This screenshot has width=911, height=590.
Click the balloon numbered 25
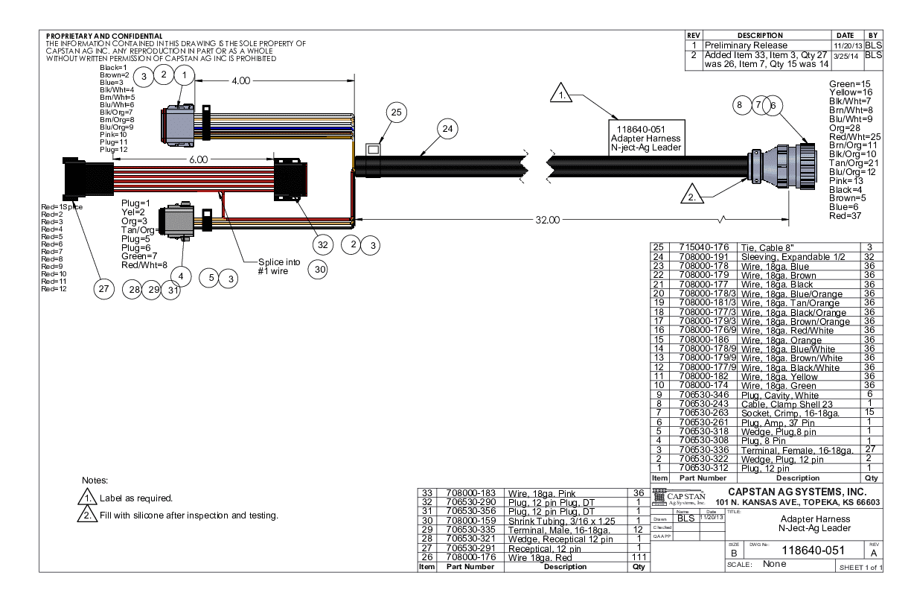[x=397, y=112]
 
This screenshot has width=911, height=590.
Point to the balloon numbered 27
[x=103, y=290]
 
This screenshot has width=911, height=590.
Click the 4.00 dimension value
[x=241, y=81]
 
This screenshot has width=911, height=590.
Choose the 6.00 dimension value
[x=199, y=159]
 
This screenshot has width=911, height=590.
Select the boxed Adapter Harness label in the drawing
[x=645, y=136]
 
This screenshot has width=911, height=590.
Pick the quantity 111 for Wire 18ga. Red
[x=636, y=558]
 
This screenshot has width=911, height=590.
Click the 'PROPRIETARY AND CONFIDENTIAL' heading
[x=104, y=36]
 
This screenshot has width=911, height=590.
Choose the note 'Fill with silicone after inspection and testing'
[x=188, y=516]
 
